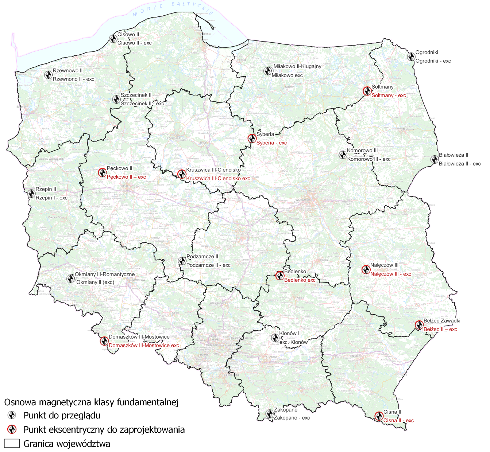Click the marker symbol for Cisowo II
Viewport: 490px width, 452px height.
pyautogui.click(x=113, y=39)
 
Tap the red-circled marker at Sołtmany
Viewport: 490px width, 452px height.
pyautogui.click(x=367, y=91)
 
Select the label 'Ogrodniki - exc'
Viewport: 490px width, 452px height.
pyautogui.click(x=433, y=61)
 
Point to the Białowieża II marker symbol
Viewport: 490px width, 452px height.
pyautogui.click(x=434, y=159)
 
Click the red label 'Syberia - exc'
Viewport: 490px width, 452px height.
pyautogui.click(x=271, y=143)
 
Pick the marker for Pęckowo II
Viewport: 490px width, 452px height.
pyautogui.click(x=103, y=172)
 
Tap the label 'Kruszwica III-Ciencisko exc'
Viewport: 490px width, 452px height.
pyautogui.click(x=218, y=179)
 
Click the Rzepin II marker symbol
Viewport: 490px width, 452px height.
pyautogui.click(x=31, y=194)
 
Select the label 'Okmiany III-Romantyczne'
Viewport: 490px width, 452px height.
pyautogui.click(x=105, y=274)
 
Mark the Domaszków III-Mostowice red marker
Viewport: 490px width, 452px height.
pyautogui.click(x=104, y=341)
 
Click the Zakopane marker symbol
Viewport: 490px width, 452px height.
pyautogui.click(x=269, y=414)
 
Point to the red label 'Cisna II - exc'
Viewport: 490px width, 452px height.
pyautogui.click(x=398, y=421)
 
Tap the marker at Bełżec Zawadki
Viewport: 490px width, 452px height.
pyautogui.click(x=419, y=325)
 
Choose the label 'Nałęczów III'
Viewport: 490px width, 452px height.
pyautogui.click(x=384, y=265)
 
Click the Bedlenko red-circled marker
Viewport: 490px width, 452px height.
pyautogui.click(x=279, y=276)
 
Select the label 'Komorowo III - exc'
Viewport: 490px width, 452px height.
pyautogui.click(x=369, y=159)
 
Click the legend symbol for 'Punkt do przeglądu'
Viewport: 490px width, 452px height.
pyautogui.click(x=12, y=415)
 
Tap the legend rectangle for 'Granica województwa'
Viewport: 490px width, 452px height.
pyautogui.click(x=12, y=444)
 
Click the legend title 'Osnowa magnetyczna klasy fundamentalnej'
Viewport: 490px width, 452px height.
pyautogui.click(x=91, y=402)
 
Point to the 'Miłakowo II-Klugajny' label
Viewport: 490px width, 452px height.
pyautogui.click(x=297, y=66)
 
